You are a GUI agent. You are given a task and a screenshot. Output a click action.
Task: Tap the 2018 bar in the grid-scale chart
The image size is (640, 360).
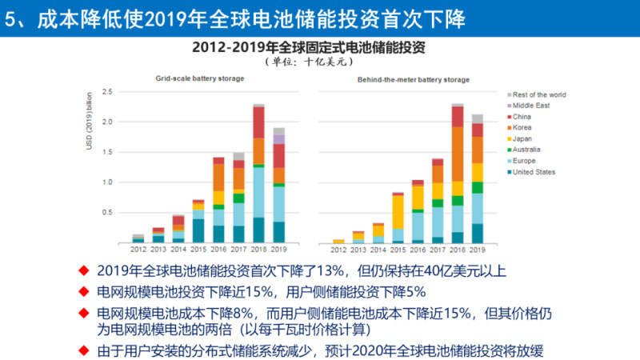pyautogui.click(x=258, y=173)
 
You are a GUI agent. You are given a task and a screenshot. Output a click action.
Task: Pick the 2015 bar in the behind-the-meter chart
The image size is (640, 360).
pyautogui.click(x=398, y=217)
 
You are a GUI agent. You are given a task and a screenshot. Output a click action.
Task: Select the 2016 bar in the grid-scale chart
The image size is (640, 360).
pyautogui.click(x=218, y=200)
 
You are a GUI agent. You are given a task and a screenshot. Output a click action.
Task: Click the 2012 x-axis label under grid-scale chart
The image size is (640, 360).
pyautogui.click(x=138, y=249)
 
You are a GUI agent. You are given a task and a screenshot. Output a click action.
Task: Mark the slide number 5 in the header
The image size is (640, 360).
pyautogui.click(x=10, y=18)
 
